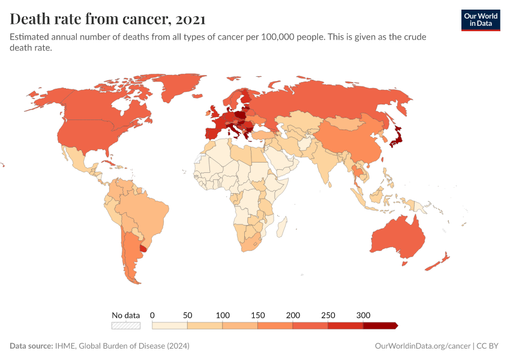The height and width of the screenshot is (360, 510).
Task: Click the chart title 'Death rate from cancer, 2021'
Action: coord(107,19)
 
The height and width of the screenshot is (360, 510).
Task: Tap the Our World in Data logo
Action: coord(480,19)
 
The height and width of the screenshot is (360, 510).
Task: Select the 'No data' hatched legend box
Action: coord(125,325)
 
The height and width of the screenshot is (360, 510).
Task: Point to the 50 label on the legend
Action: coord(187,315)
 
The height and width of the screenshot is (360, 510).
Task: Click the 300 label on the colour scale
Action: coord(363,315)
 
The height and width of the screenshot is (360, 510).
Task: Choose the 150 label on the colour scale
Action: coord(257,315)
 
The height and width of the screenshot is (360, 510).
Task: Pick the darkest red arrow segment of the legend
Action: coord(379,325)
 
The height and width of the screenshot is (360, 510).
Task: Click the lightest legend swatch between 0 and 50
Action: coord(170,325)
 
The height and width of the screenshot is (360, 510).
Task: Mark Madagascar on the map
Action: coord(281,229)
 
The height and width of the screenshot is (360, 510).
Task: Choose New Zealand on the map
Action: coord(437,263)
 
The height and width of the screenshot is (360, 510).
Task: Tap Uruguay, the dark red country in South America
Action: coord(143,247)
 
